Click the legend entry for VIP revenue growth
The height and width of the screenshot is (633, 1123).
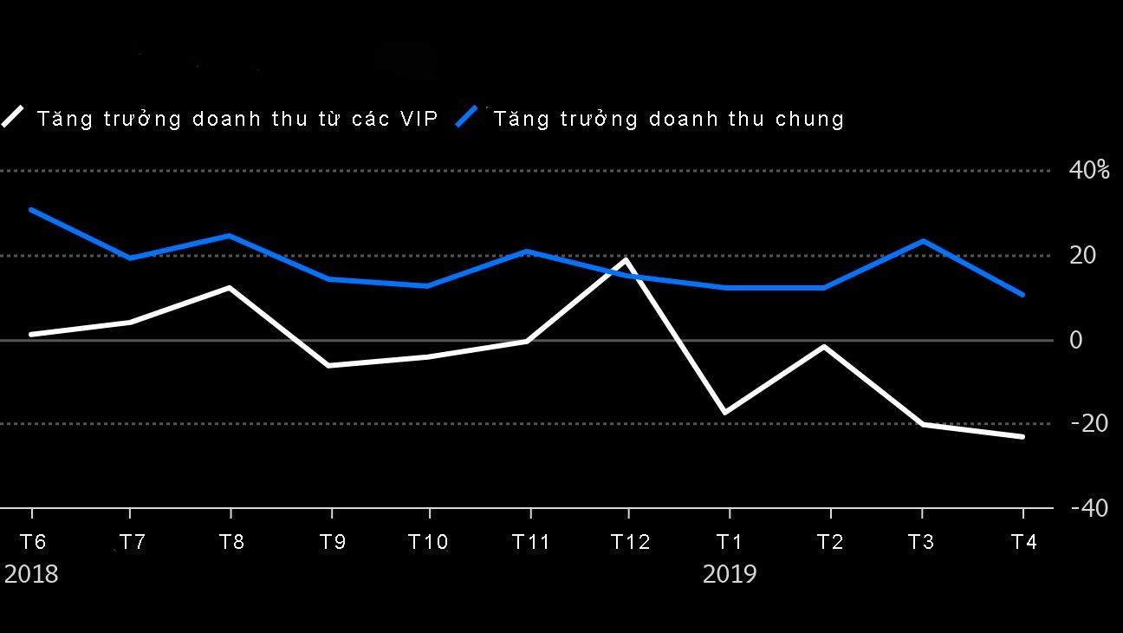[x=237, y=119]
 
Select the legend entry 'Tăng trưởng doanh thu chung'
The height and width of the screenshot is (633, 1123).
[x=668, y=119]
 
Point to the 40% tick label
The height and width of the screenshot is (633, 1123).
[x=1089, y=170]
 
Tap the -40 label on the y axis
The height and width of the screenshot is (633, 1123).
[x=1089, y=508]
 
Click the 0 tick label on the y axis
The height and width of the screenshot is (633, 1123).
[x=1076, y=340]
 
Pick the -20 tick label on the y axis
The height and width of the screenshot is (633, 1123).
[x=1089, y=423]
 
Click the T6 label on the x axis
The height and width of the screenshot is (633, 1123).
[x=32, y=542]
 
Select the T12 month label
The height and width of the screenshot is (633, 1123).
[x=630, y=542]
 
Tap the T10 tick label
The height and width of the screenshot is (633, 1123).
[x=428, y=542]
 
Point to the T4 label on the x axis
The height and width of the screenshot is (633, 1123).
[x=1023, y=542]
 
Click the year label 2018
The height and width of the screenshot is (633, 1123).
[x=31, y=574]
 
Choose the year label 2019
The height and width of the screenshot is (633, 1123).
[x=730, y=574]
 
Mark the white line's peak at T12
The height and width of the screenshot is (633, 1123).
[x=626, y=259]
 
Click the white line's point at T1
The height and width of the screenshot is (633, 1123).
[x=724, y=413]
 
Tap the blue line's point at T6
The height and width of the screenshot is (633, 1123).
[x=30, y=209]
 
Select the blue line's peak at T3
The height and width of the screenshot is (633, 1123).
[x=924, y=240]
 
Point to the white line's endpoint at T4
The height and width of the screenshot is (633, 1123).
[x=1022, y=436]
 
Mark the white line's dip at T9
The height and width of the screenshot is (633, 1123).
[x=329, y=366]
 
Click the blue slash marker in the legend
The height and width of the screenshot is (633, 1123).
[x=467, y=117]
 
